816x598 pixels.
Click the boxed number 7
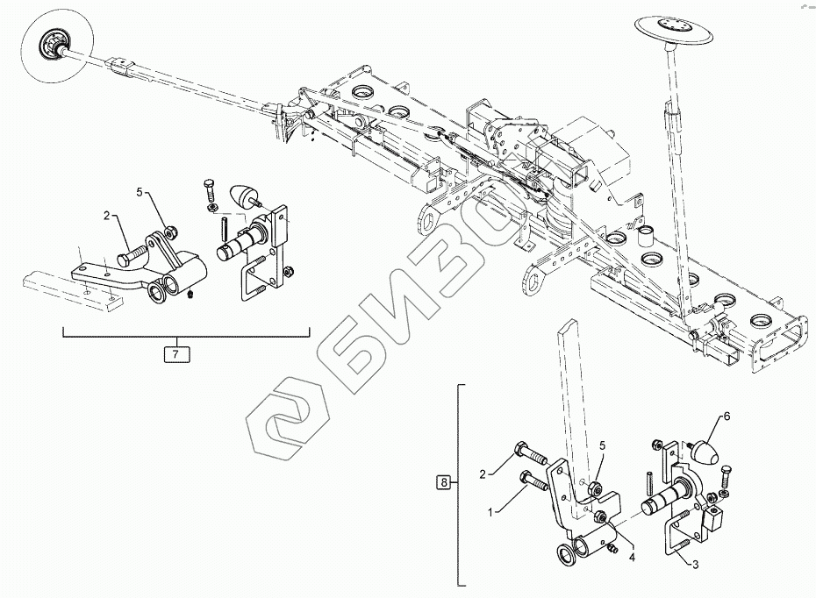(175, 354)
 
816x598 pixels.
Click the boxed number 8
(444, 481)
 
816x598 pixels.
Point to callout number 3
(695, 566)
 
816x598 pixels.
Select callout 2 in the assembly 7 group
(107, 215)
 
